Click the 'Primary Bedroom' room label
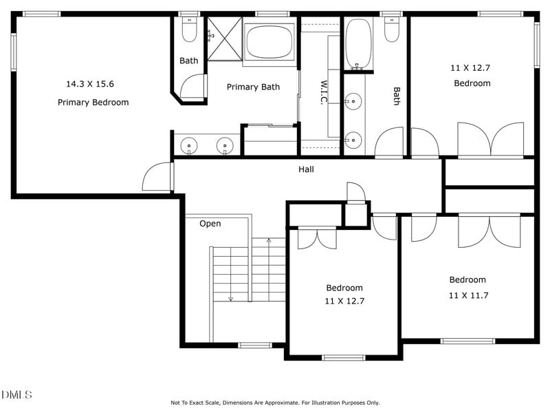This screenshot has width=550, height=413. pyautogui.click(x=93, y=103)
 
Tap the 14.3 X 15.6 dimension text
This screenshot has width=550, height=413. pyautogui.click(x=90, y=84)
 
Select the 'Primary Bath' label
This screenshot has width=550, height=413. pyautogui.click(x=253, y=87)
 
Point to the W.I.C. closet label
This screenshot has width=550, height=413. pyautogui.click(x=322, y=93)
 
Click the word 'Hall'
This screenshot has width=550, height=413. pyautogui.click(x=306, y=169)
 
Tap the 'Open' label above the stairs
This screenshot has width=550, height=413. pyautogui.click(x=210, y=224)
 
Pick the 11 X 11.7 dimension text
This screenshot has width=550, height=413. pyautogui.click(x=467, y=295)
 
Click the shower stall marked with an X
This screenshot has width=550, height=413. pyautogui.click(x=225, y=39)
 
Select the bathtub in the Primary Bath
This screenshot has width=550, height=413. pyautogui.click(x=269, y=42)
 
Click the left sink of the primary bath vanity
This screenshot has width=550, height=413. pyautogui.click(x=189, y=145)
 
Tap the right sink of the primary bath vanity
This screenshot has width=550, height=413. pyautogui.click(x=225, y=145)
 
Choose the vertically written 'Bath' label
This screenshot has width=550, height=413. pyautogui.click(x=397, y=96)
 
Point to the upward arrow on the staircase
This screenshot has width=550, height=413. pyautogui.click(x=269, y=242)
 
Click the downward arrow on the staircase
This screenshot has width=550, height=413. pyautogui.click(x=230, y=297)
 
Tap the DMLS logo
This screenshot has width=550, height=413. pyautogui.click(x=16, y=394)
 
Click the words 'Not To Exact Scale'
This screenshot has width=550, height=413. pyautogui.click(x=197, y=403)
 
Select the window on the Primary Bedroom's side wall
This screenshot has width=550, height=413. pyautogui.click(x=13, y=52)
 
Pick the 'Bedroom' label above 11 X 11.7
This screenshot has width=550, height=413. pyautogui.click(x=467, y=279)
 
